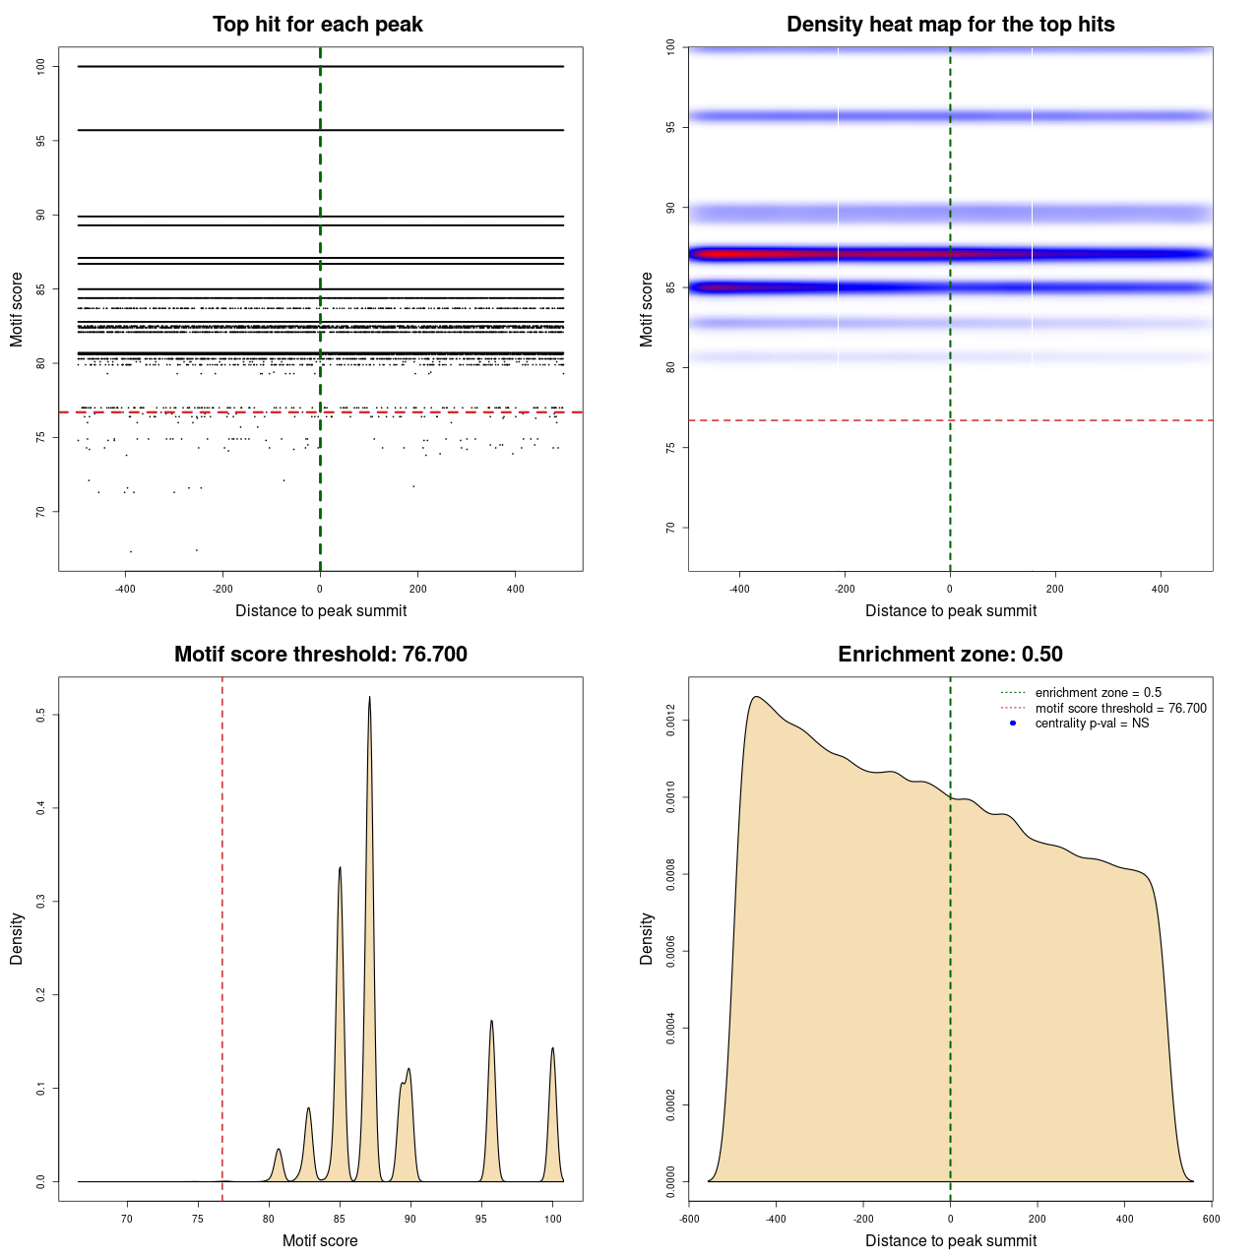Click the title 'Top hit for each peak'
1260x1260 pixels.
317,25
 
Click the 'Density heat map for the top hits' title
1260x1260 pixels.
950,25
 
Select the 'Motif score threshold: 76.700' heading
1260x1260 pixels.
320,655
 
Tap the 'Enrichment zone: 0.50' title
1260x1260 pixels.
950,655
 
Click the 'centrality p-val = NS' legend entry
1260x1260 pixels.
1092,724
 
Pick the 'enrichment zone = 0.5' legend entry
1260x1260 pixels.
1098,693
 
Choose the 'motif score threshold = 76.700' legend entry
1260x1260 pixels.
1120,709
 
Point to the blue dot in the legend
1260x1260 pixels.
1013,724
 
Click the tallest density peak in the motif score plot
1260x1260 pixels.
369,698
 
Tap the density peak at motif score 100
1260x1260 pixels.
552,1049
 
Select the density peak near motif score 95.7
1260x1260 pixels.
491,1022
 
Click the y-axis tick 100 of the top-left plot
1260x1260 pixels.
41,67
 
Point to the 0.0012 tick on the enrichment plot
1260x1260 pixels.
671,721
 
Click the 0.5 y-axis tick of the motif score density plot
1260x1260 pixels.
41,715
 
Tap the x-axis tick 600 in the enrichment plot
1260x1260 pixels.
1211,1219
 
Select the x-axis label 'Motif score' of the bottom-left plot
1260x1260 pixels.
320,1241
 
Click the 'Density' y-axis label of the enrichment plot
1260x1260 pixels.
647,938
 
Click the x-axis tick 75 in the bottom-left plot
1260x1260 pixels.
198,1219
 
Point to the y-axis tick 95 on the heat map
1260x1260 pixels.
671,127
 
